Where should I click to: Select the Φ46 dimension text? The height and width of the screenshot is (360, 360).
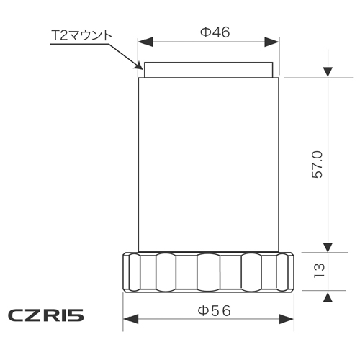point(210,32)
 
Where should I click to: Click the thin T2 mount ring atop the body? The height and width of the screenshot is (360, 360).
point(209,69)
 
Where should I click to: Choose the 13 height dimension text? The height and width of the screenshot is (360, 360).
point(320,271)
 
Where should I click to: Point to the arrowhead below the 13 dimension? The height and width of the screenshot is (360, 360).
point(328,296)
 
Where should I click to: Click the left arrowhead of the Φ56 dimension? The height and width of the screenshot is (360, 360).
point(129,320)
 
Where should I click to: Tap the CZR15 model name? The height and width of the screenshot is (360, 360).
point(47,315)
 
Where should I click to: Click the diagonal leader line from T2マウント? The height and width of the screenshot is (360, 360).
point(125,58)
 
